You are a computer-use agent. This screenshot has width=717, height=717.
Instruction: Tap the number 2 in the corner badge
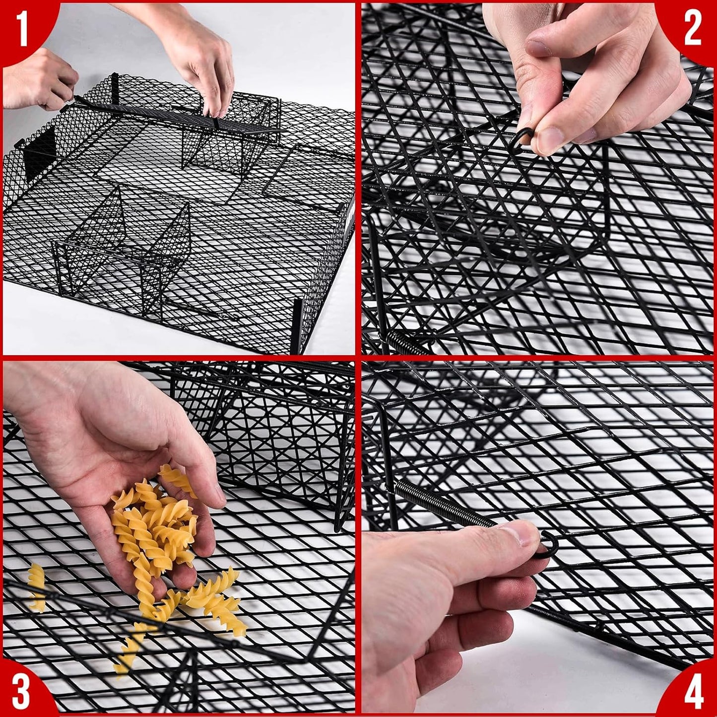tap(693, 30)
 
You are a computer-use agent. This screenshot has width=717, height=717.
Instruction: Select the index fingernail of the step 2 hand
tap(537, 47)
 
